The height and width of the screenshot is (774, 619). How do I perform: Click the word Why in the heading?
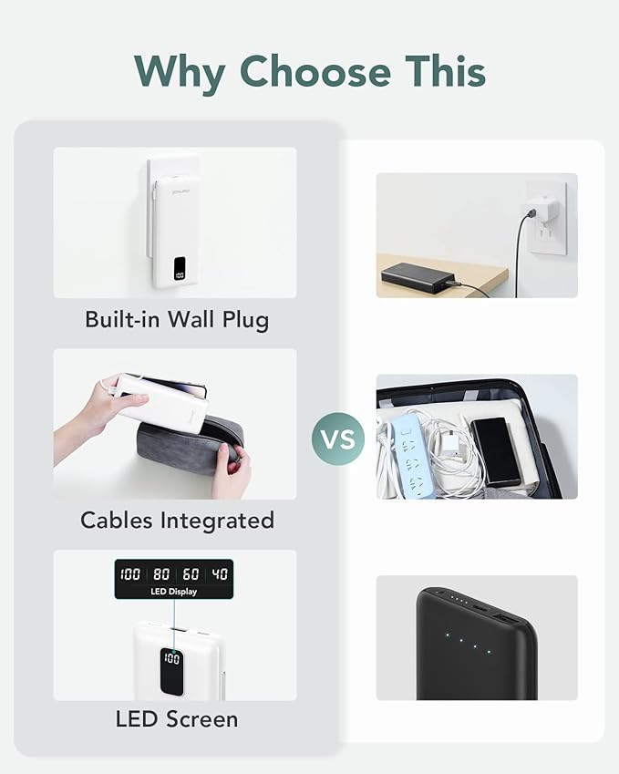point(180,73)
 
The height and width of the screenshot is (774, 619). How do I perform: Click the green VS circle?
point(338,439)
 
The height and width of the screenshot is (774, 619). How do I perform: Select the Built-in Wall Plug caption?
point(177,319)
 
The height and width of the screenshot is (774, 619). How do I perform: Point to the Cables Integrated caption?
point(177,521)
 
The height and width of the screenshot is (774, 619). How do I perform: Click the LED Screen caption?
point(177,719)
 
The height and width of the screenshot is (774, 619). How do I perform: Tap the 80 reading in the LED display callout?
point(161,573)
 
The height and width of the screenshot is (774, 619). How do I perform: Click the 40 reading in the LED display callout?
point(220,573)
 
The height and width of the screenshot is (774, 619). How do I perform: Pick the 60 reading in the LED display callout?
point(191,573)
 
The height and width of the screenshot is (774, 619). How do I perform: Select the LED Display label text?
point(174,592)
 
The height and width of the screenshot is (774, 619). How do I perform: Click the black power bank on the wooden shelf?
point(420,278)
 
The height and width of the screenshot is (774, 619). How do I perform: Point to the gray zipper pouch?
point(189,444)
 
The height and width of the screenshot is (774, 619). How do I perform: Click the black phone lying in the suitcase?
point(496,451)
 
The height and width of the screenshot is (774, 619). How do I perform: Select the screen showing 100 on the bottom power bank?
point(171,672)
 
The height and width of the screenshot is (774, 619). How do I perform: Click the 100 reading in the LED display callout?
point(130,573)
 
